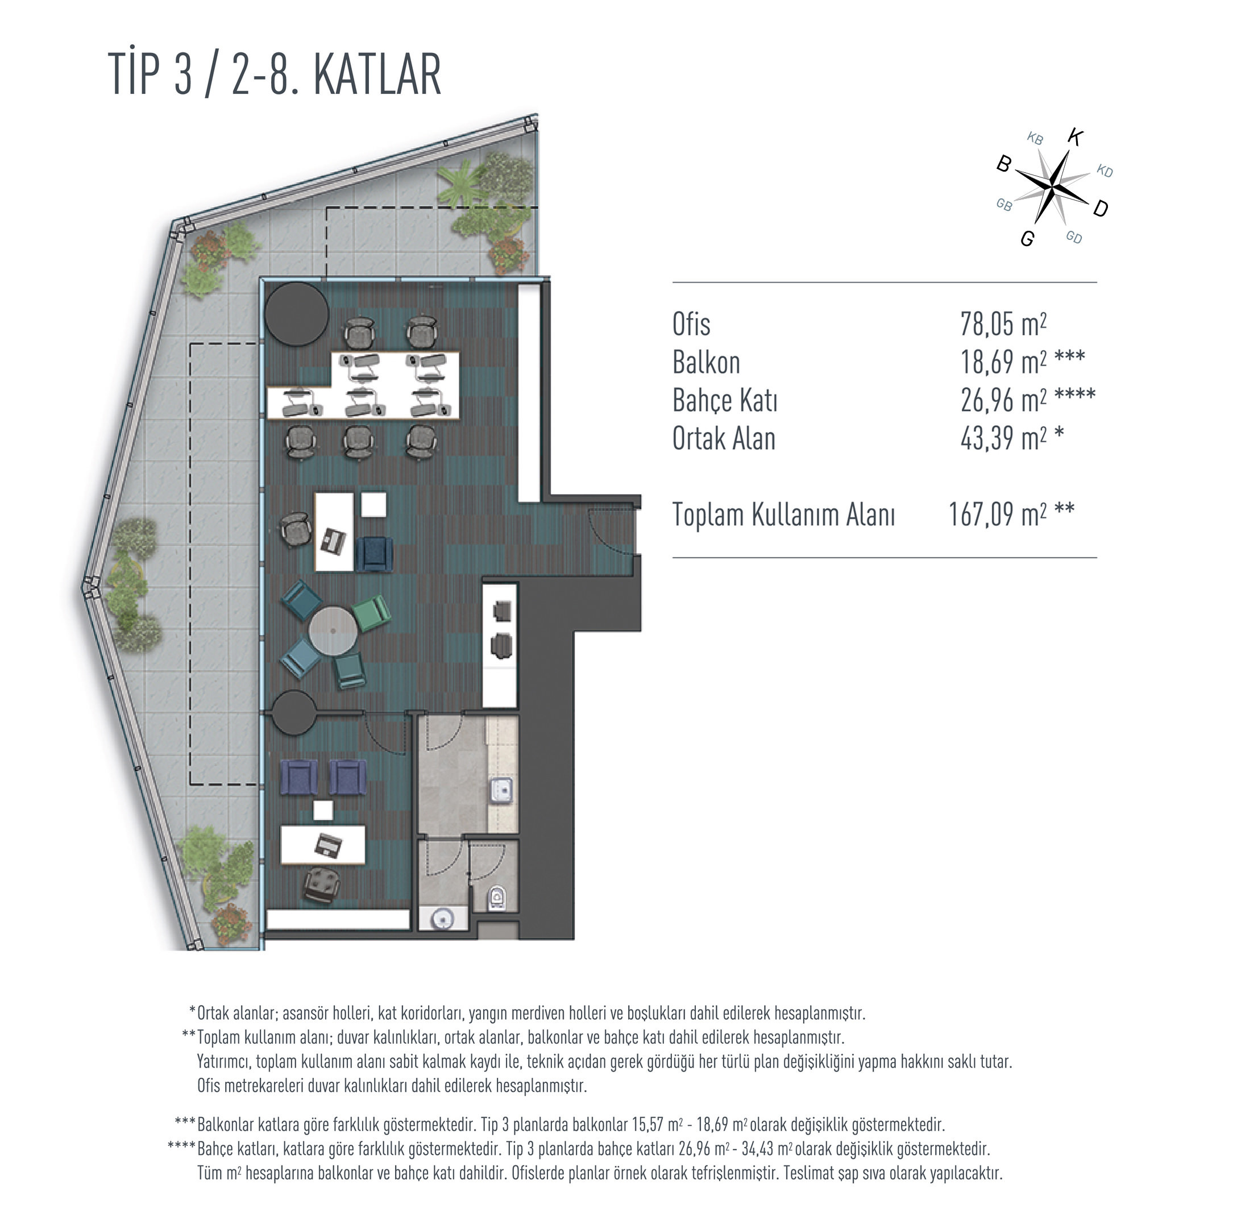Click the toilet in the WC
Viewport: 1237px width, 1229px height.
[x=497, y=898]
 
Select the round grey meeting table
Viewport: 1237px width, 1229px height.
[x=333, y=631]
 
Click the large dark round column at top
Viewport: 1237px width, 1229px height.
[x=297, y=314]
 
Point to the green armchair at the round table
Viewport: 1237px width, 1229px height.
[x=373, y=613]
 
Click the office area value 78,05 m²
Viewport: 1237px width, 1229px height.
[x=1003, y=324]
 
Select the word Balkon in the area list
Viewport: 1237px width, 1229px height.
[x=705, y=362]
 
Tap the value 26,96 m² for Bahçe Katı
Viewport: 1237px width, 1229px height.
[x=1003, y=400]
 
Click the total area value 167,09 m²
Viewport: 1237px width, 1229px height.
[x=998, y=514]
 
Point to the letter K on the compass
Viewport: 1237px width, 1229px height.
[x=1075, y=137]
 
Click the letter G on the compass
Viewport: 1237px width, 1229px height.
[x=1027, y=239]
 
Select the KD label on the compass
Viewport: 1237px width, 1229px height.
[x=1105, y=171]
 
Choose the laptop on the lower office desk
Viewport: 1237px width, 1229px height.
[x=329, y=845]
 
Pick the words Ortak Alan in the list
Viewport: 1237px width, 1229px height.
[x=724, y=439]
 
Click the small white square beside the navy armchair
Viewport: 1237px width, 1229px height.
[x=373, y=504]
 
